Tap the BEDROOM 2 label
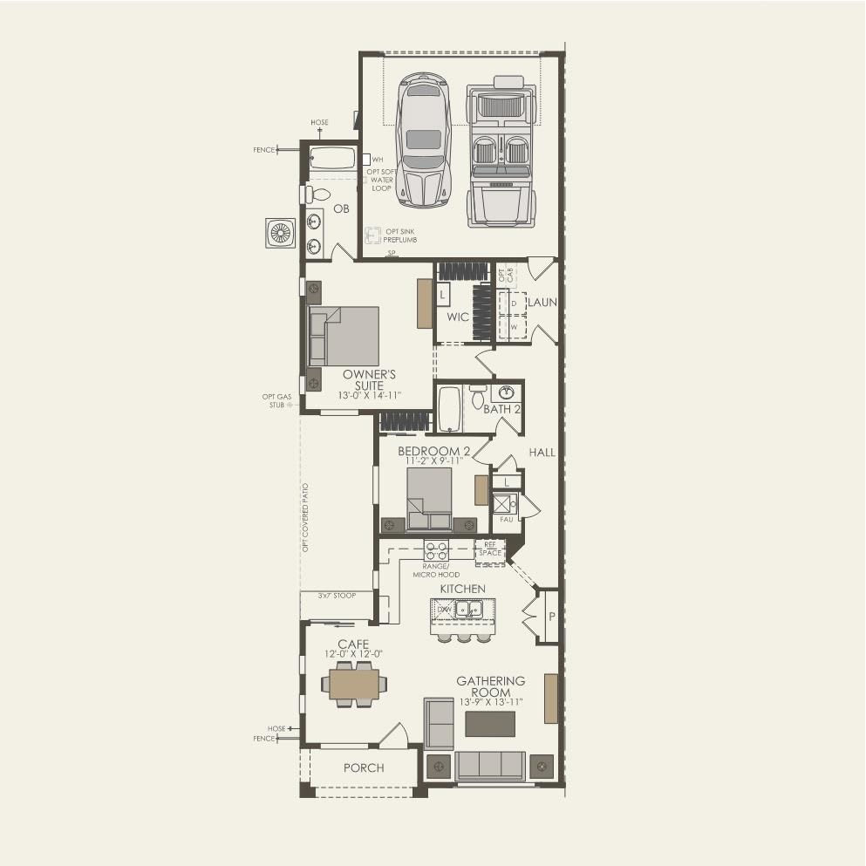(433, 451)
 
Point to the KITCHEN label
(461, 589)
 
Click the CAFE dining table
(353, 684)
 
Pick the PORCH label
(364, 767)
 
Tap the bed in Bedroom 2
(429, 498)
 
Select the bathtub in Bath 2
(448, 409)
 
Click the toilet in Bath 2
(478, 398)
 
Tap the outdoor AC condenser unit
(280, 233)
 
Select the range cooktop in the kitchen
(436, 549)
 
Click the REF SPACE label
(490, 549)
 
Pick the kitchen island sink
(471, 610)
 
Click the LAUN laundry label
(541, 302)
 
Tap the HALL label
(541, 452)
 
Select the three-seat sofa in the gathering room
(489, 766)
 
